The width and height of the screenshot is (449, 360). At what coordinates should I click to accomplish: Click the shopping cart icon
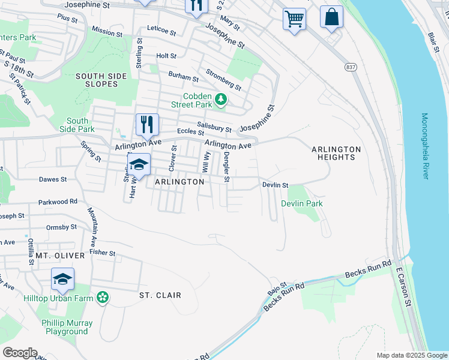click(x=294, y=19)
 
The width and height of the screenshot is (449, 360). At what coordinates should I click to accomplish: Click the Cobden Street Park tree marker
click(x=221, y=99)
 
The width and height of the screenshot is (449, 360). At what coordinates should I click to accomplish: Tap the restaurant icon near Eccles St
click(x=147, y=124)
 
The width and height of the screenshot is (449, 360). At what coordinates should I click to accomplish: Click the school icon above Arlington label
click(x=139, y=165)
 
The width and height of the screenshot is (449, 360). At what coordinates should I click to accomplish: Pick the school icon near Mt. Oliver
click(x=62, y=279)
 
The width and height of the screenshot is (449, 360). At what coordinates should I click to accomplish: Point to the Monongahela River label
click(x=424, y=146)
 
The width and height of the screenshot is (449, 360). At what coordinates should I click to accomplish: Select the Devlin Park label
click(x=302, y=203)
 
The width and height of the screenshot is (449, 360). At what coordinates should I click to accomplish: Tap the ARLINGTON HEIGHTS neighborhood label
click(x=336, y=153)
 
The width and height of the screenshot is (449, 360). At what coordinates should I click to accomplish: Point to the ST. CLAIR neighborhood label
click(x=160, y=295)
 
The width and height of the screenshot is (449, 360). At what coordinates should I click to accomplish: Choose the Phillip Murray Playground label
click(x=67, y=327)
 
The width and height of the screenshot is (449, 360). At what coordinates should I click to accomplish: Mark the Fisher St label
click(x=102, y=253)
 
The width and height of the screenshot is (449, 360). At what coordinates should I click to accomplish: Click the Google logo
click(x=20, y=353)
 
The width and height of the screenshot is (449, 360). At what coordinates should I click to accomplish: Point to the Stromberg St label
click(x=223, y=80)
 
